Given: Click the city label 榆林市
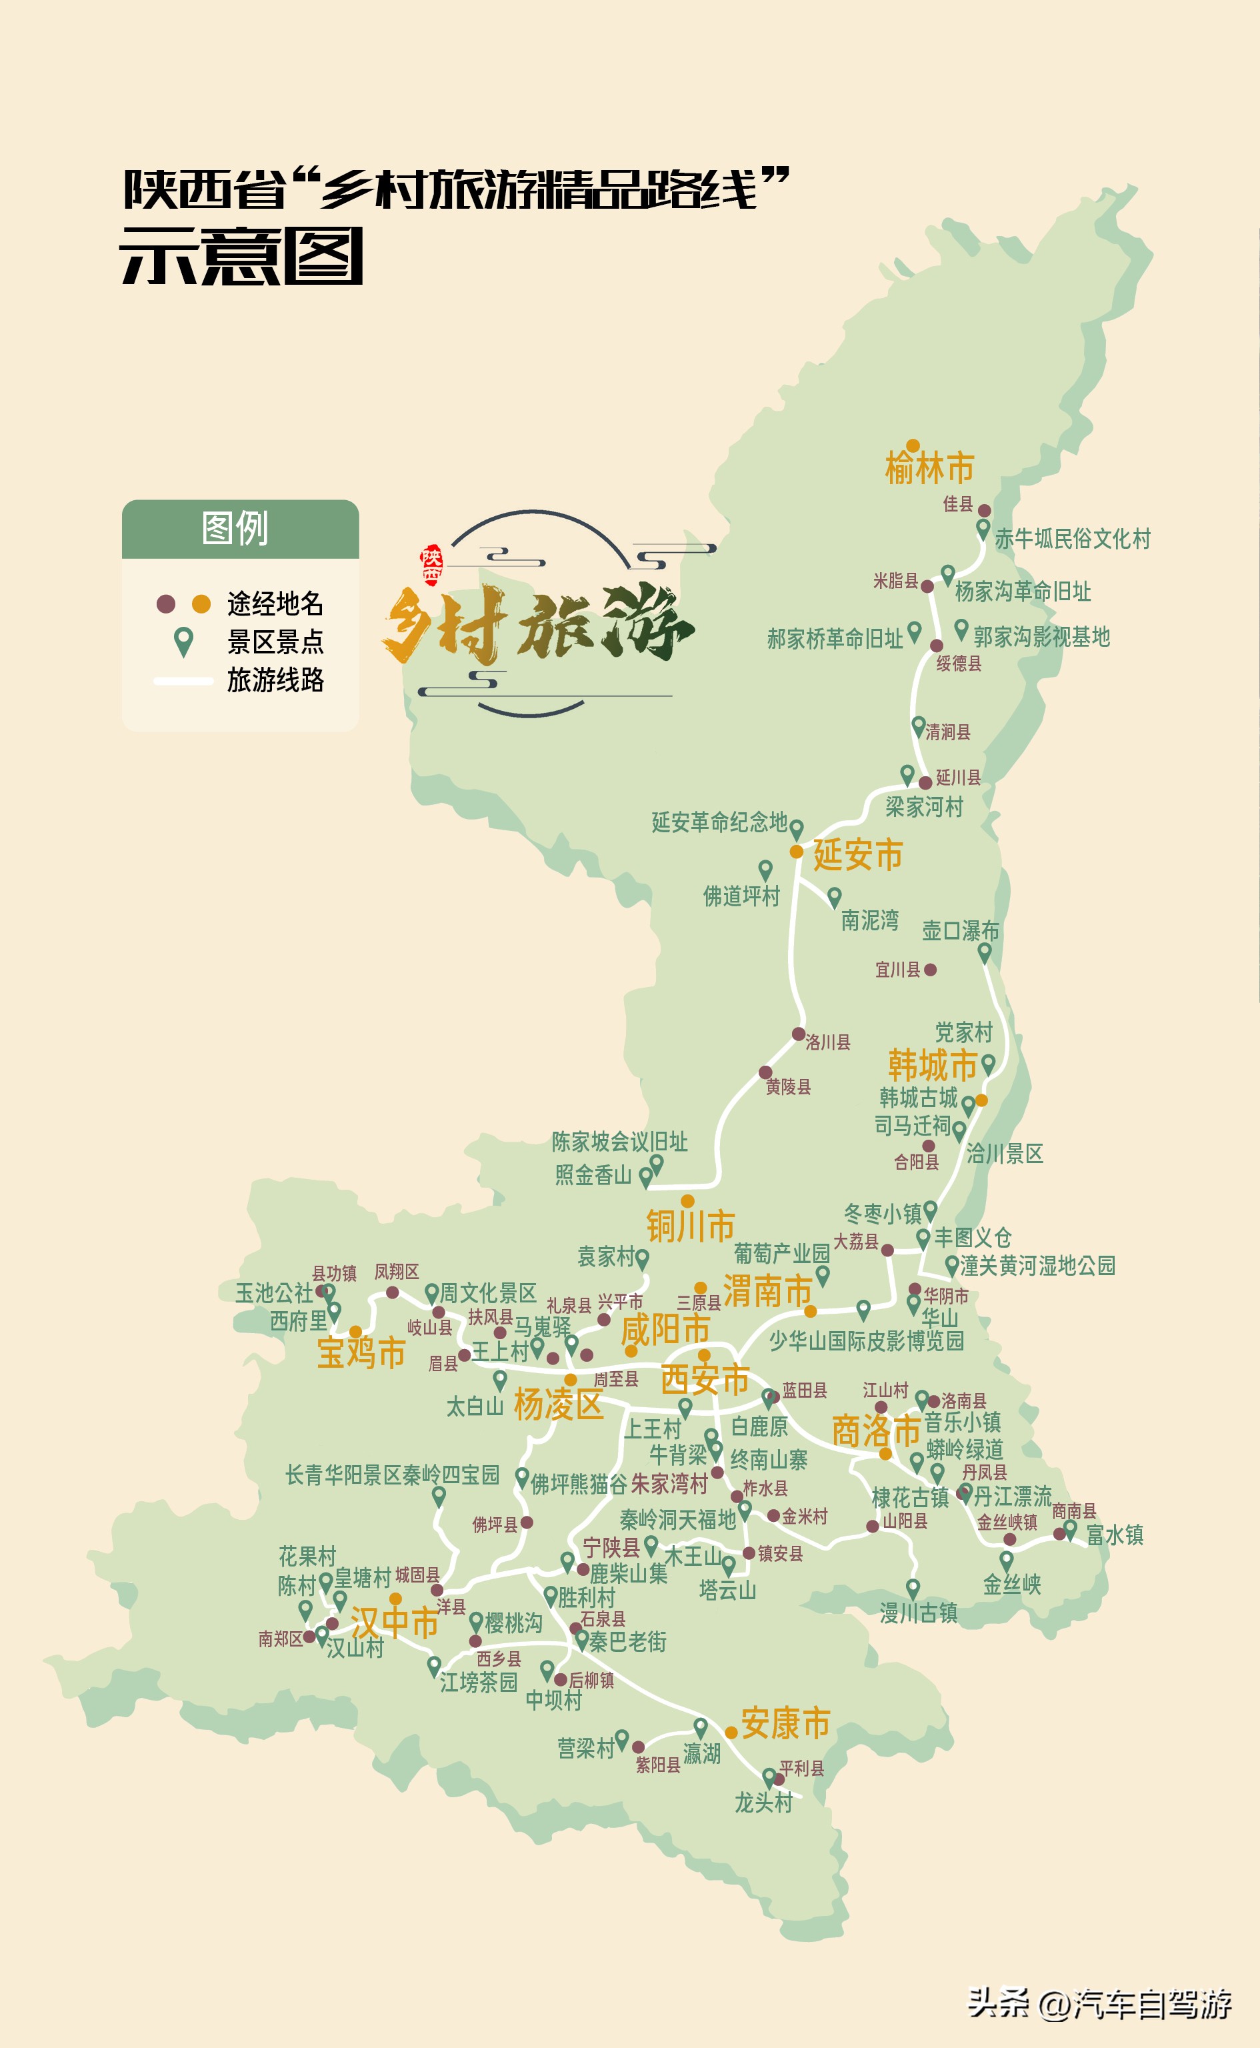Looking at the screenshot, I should point(929,468).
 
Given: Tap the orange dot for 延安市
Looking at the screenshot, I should point(797,851).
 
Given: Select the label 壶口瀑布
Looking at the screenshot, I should point(960,930).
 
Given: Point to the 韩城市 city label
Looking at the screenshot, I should point(932,1065).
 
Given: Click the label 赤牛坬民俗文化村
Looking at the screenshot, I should point(1073,538).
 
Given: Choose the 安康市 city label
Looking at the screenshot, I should point(785,1723).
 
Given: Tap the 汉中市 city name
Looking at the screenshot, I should point(394,1623).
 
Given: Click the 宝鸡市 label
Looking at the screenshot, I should point(361,1352).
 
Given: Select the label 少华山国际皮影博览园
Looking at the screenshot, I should point(867,1340).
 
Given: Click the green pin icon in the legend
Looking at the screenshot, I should point(183,641).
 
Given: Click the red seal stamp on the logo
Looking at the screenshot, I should point(432,565).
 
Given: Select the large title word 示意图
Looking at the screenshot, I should point(241,257).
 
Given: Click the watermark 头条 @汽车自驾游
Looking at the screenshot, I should point(1099,2003).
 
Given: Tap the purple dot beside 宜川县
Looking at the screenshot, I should point(930,970).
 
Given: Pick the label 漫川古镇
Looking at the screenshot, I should point(919,1613).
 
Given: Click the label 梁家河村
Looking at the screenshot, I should point(924,807).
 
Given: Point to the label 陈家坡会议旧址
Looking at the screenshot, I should point(619,1141).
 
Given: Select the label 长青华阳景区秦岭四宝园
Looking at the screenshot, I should point(392,1475).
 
